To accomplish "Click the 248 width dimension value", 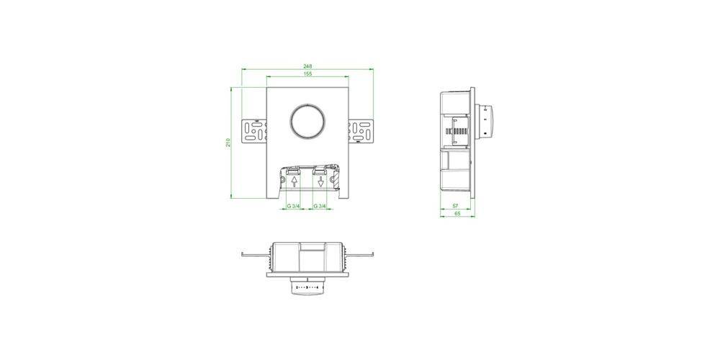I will tap(307, 66).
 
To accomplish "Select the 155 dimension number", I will tap(307, 74).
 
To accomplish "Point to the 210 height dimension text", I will tap(228, 143).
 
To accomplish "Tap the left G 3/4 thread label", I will tap(294, 206).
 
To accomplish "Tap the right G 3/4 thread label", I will tap(320, 206).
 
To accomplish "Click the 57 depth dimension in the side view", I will tap(455, 206).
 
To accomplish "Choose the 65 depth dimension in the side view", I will tap(458, 215).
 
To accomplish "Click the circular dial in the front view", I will tap(307, 122).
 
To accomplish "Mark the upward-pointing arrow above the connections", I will tap(294, 181).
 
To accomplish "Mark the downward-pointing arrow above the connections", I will tap(321, 182).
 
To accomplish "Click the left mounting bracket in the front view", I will tap(253, 131).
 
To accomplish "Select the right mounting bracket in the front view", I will tap(362, 131).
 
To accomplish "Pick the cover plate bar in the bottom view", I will tap(307, 274).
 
